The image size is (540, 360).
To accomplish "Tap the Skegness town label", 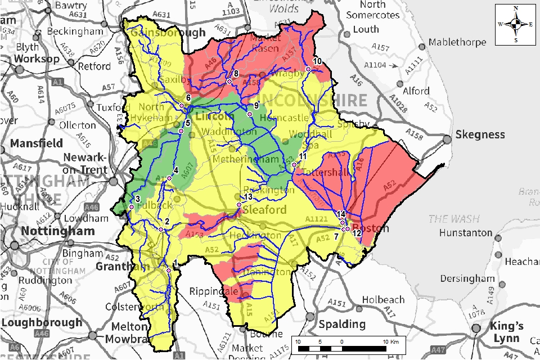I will click(x=480, y=135).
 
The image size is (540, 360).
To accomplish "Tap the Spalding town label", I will click(x=342, y=325).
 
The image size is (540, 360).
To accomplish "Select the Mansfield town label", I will click(x=36, y=143).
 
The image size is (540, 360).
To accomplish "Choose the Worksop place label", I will click(x=37, y=58).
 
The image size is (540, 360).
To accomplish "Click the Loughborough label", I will click(x=42, y=323).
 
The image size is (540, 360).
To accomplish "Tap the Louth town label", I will click(x=366, y=29).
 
